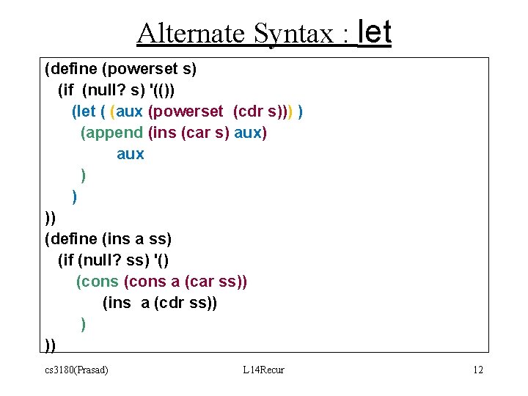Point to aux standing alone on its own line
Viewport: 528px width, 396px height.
tap(131, 154)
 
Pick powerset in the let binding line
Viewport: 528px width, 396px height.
tap(188, 111)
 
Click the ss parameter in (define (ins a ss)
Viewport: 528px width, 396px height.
tap(157, 239)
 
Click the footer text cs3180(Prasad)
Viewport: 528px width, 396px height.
tap(76, 370)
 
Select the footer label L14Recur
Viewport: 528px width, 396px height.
tap(263, 370)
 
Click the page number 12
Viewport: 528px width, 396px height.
tap(478, 370)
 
